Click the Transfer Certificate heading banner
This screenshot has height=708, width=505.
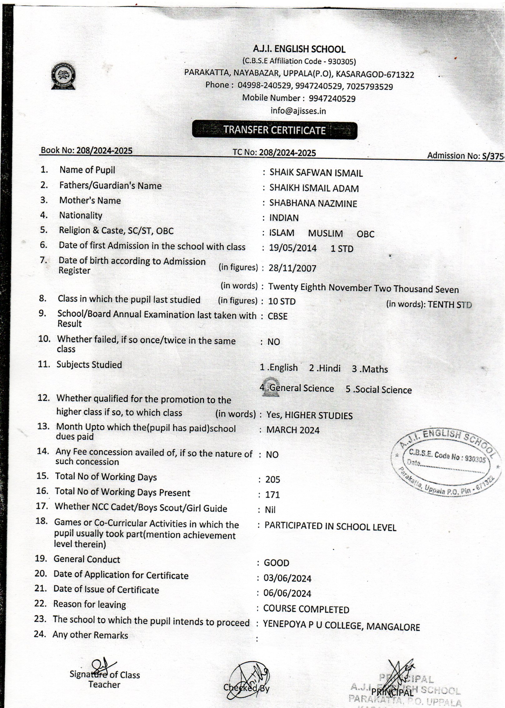275,130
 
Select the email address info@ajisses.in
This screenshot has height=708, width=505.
298,111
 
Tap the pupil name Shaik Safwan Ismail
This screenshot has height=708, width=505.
316,173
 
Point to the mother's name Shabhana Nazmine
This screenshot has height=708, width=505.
313,204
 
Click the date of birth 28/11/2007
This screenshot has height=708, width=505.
292,268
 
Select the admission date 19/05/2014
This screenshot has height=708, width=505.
293,248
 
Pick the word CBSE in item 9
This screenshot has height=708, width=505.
278,316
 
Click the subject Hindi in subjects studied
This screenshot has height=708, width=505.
325,368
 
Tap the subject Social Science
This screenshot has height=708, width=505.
379,390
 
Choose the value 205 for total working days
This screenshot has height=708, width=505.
273,479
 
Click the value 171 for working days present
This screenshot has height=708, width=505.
273,495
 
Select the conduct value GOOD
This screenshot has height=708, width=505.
277,563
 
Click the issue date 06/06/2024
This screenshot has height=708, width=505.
287,593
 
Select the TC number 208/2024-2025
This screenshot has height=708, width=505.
287,153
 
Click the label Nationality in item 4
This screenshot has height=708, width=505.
81,215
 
